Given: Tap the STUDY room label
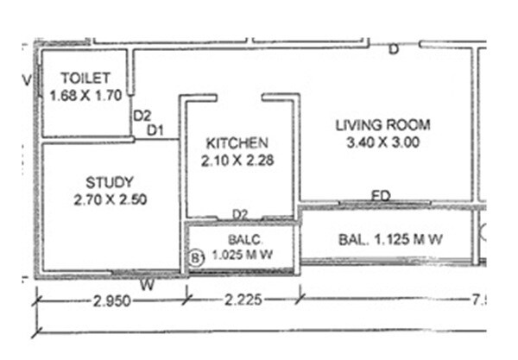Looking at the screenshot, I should coord(110,182).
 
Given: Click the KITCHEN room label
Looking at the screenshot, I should coord(237,142).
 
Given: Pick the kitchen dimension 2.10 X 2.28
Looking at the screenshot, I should coord(237,160).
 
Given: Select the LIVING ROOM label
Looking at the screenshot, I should coord(382,125).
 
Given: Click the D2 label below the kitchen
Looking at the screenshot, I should coord(241,213).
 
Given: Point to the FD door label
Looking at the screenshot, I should coord(381,196).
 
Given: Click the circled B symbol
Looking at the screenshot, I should coord(196,256).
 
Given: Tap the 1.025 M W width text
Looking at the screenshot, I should coord(243,256).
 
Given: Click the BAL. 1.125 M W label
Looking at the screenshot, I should coord(388,239).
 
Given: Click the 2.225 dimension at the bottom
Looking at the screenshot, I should coord(243,300).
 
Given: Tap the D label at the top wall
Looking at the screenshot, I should coord(394,49).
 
